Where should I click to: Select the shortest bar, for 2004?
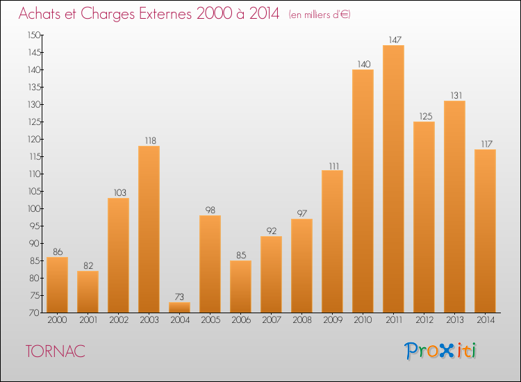(179, 308)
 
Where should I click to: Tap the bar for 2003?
(149, 229)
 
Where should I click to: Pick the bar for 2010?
(363, 191)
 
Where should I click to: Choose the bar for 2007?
(271, 274)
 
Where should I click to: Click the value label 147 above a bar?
(393, 40)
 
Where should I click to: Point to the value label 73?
(179, 297)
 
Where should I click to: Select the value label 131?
(454, 95)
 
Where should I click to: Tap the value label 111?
(332, 165)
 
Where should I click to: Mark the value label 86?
(57, 251)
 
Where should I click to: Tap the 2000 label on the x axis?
(57, 321)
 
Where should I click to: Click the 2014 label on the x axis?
(485, 321)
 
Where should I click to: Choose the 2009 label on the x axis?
(332, 321)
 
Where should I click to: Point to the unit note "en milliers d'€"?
(320, 14)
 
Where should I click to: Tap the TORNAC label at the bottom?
(55, 351)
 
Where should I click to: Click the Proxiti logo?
(440, 351)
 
